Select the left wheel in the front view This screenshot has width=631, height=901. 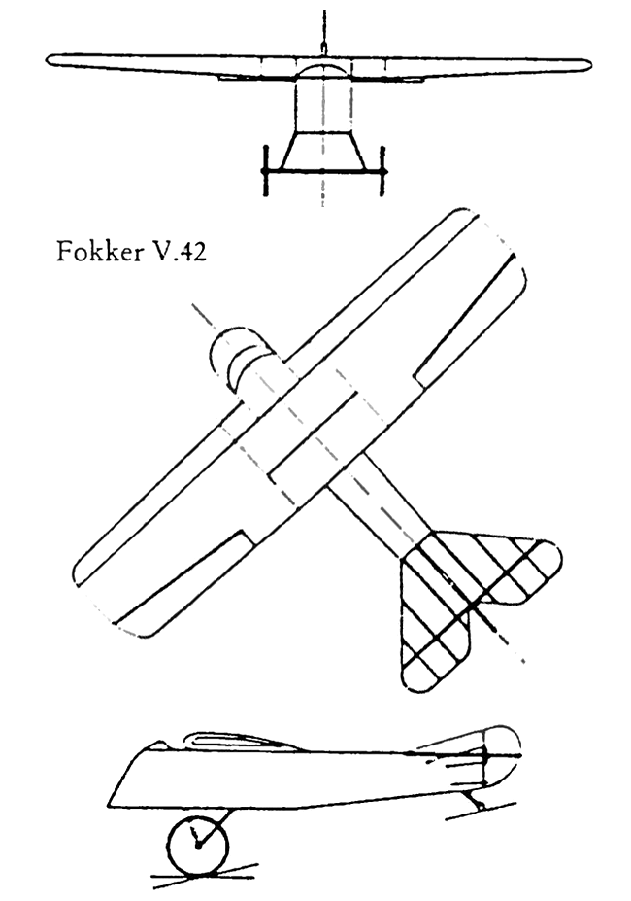(x=265, y=171)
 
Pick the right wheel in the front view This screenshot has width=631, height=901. (x=382, y=171)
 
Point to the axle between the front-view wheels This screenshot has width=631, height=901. (x=324, y=171)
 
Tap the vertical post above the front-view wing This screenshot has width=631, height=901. (x=324, y=32)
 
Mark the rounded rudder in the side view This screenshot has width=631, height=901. (x=500, y=755)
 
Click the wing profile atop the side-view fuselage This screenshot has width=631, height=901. (x=241, y=742)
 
